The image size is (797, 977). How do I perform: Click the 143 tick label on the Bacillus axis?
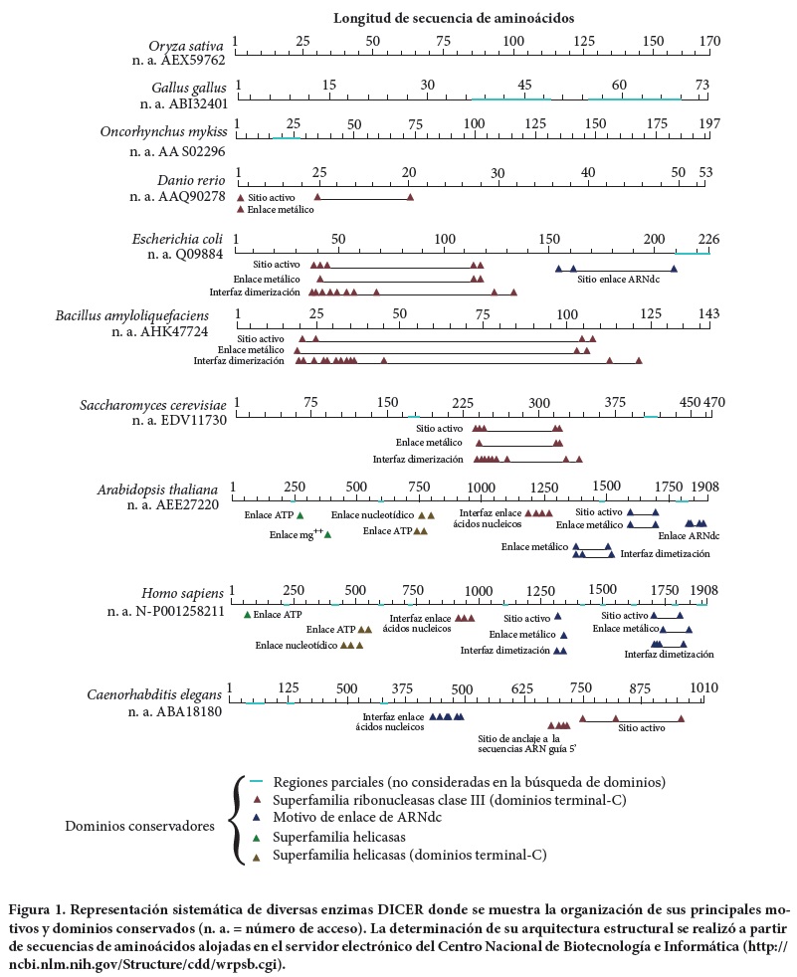click(708, 313)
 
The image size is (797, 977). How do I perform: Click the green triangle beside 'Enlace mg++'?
click(327, 534)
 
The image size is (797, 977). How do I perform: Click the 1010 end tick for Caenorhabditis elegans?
click(704, 688)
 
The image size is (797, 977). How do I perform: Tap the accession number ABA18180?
click(184, 711)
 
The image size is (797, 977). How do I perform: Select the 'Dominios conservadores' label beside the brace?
click(138, 826)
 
